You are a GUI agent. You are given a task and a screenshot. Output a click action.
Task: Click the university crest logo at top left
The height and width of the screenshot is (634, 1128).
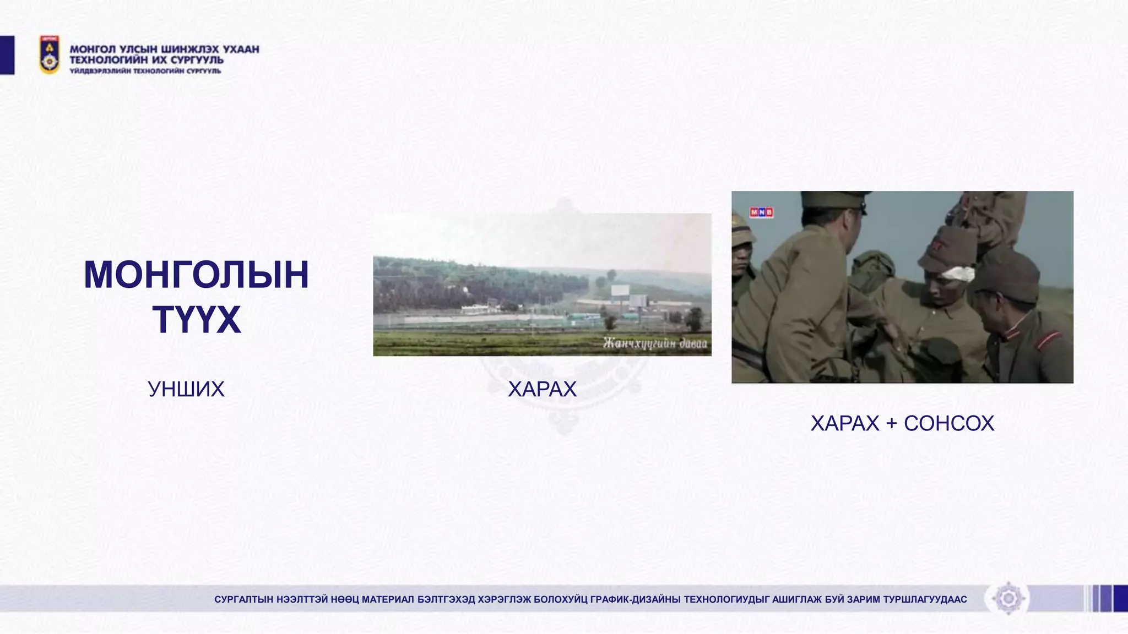click(x=50, y=54)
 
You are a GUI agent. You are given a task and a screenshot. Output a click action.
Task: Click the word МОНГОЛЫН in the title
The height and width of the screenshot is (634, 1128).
click(x=196, y=275)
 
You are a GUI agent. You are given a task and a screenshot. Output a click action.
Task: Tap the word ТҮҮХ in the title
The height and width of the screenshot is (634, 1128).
click(x=197, y=320)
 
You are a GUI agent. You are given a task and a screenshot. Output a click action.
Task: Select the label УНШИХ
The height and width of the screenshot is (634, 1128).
click(x=186, y=390)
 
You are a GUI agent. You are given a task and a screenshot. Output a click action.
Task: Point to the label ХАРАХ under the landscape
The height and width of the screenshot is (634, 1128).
click(x=542, y=390)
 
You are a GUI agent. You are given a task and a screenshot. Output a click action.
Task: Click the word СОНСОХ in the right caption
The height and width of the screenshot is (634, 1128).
click(x=948, y=424)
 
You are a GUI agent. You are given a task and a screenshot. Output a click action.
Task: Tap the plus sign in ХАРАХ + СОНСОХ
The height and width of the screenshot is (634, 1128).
click(x=892, y=424)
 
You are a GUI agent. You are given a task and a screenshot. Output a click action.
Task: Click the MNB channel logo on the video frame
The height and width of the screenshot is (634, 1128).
click(x=761, y=212)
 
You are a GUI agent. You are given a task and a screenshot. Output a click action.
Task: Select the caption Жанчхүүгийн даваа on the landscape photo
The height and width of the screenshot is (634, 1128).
click(x=654, y=343)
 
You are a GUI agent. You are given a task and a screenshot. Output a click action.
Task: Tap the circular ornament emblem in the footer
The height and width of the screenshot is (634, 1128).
click(x=1008, y=598)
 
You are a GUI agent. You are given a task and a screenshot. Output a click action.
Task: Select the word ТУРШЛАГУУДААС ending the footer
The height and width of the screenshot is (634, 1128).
click(x=925, y=599)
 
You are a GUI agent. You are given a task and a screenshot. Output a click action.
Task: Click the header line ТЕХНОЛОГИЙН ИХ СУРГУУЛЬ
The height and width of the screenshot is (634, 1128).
click(x=147, y=60)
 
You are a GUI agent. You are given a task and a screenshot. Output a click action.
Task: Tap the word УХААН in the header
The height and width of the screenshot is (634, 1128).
click(x=241, y=49)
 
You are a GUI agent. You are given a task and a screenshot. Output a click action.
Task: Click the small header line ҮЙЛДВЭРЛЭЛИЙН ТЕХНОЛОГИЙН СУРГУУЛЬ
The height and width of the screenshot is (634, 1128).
click(x=145, y=71)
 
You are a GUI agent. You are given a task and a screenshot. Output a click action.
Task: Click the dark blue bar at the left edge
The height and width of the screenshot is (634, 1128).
click(x=7, y=54)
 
